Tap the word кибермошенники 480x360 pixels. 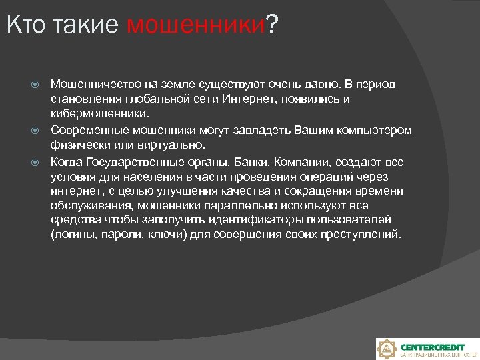[93, 114]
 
